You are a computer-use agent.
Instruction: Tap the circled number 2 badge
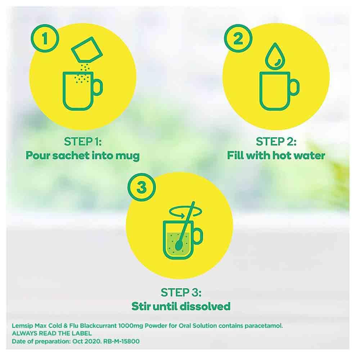(238, 39)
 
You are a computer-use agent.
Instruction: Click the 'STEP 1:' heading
(83, 141)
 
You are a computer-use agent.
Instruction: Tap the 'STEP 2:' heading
(276, 141)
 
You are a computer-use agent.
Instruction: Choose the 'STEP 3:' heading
(180, 292)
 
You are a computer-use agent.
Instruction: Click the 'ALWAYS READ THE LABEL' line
(52, 333)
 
